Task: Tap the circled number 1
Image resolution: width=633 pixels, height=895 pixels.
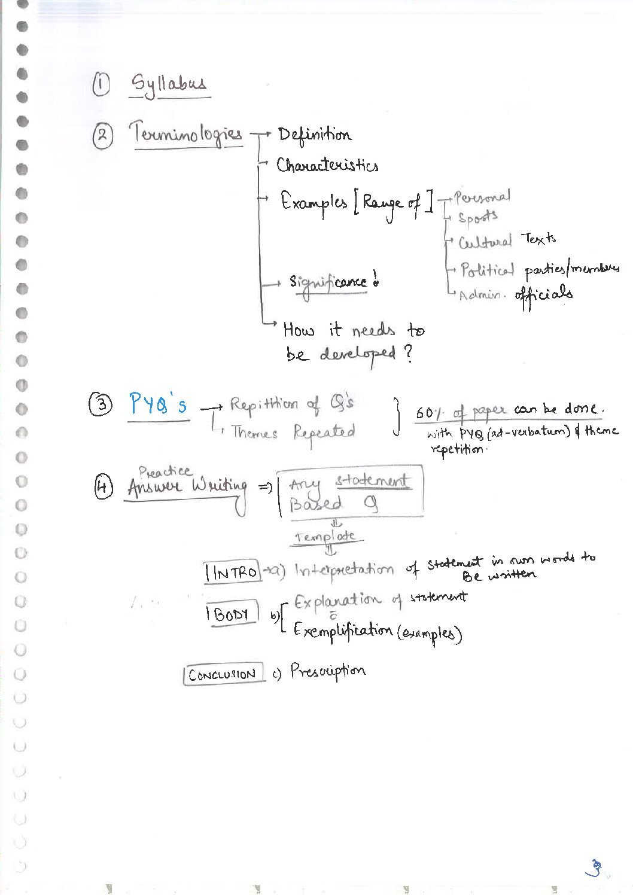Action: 101,84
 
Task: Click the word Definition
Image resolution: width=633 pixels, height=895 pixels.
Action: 314,135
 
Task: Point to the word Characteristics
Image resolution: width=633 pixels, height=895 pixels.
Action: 327,165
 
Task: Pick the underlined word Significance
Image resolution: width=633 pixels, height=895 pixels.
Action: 328,282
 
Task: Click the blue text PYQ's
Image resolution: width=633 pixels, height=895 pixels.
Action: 158,405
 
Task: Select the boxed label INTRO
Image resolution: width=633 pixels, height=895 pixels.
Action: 232,573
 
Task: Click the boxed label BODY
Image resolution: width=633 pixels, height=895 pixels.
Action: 232,614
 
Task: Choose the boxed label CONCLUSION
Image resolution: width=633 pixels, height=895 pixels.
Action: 223,675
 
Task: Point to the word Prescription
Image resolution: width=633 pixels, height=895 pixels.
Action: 328,671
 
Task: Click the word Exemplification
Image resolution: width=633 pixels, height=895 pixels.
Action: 342,630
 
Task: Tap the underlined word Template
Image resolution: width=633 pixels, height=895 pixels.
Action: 327,537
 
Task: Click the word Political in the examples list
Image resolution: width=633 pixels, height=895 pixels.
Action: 487,270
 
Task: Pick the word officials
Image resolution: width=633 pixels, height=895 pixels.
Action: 544,295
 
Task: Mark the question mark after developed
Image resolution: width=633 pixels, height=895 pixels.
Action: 408,353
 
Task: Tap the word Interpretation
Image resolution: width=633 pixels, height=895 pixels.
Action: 344,569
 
